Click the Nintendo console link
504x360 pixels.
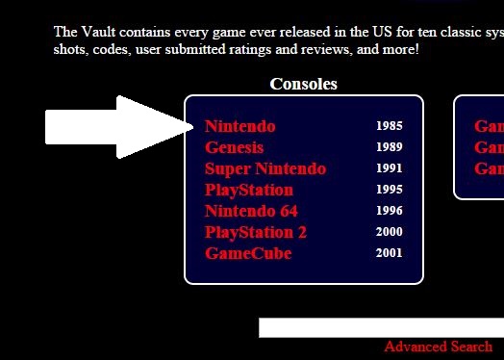(240, 126)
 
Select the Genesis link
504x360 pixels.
(235, 147)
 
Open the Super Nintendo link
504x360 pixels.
(265, 168)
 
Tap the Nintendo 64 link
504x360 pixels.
(252, 211)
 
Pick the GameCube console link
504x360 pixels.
(248, 253)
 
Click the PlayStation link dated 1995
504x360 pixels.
(249, 190)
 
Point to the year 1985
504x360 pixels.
(390, 126)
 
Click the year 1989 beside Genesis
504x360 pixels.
(390, 147)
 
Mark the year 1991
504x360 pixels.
(390, 168)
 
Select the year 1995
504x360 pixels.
(390, 190)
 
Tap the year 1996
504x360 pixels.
(390, 211)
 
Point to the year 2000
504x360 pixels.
(390, 232)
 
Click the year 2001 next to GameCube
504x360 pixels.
(390, 253)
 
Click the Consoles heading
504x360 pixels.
(304, 84)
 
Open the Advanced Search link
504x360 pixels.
(438, 347)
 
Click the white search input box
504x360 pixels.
(380, 327)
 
